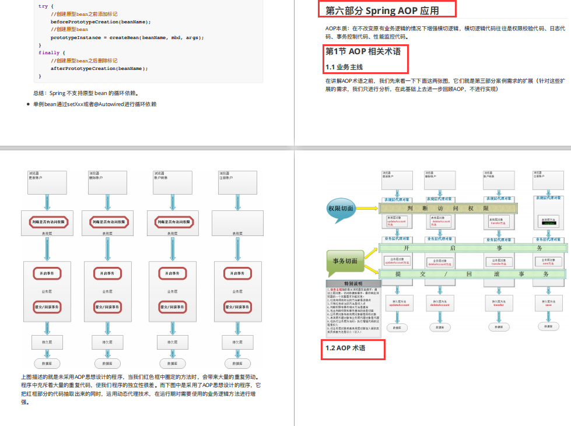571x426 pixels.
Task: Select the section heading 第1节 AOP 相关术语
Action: click(363, 51)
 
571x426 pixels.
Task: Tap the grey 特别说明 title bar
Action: click(353, 283)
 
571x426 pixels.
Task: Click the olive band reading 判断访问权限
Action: click(473, 208)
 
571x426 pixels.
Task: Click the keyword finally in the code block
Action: click(48, 52)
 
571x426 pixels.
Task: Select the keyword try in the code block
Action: click(43, 6)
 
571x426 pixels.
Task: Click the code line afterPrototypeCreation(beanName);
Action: click(99, 68)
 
